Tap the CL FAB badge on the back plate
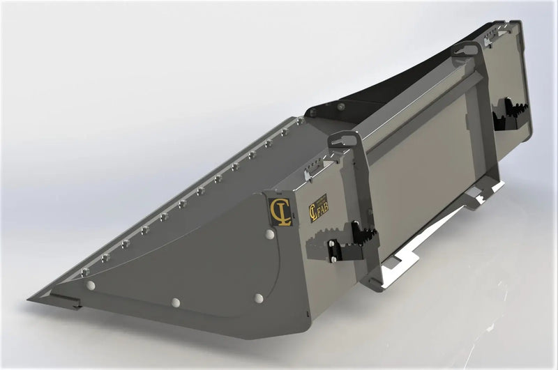[318, 208]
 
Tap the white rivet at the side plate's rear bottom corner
[259, 298]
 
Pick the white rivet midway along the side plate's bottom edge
[175, 302]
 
